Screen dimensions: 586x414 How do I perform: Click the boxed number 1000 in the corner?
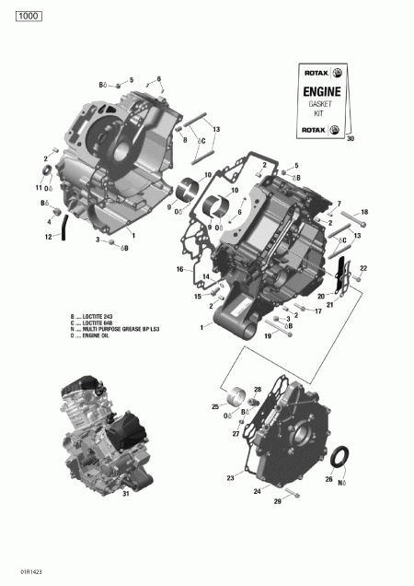point(28,16)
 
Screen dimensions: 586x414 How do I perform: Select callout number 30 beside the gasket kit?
point(349,138)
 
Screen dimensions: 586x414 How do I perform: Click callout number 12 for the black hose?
point(48,237)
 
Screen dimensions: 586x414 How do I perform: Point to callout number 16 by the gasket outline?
point(181,269)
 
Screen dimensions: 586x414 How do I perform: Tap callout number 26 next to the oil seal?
point(329,479)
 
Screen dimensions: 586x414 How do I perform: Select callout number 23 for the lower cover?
point(231,478)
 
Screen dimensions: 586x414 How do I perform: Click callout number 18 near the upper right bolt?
point(363,212)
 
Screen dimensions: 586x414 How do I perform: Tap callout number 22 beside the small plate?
point(363,267)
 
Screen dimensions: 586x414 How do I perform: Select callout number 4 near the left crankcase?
point(49,221)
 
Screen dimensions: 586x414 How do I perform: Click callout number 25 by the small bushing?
point(215,406)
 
